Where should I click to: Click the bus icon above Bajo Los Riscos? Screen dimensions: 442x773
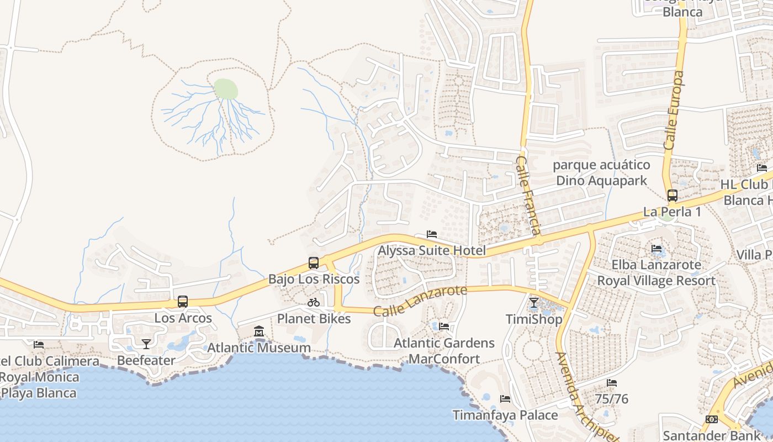pyautogui.click(x=314, y=262)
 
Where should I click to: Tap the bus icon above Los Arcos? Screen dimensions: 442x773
pyautogui.click(x=183, y=302)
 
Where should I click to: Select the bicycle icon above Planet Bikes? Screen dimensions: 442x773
pyautogui.click(x=314, y=302)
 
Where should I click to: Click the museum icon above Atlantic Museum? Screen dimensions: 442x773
pyautogui.click(x=259, y=331)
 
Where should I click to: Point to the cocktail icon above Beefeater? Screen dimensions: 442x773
pyautogui.click(x=146, y=344)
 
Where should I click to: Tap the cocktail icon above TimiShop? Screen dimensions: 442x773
pyautogui.click(x=534, y=303)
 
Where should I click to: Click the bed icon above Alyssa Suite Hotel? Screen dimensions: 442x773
pyautogui.click(x=432, y=234)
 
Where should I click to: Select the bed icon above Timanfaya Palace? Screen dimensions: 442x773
pyautogui.click(x=505, y=399)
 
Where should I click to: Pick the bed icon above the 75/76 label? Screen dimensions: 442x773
pyautogui.click(x=612, y=382)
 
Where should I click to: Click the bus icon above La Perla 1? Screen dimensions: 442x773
pyautogui.click(x=672, y=195)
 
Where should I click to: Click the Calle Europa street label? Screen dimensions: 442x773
pyautogui.click(x=674, y=110)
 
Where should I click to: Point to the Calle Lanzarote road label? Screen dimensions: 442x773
pyautogui.click(x=420, y=301)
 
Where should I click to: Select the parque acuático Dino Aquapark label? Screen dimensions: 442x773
pyautogui.click(x=601, y=172)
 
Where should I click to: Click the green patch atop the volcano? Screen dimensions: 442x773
pyautogui.click(x=226, y=88)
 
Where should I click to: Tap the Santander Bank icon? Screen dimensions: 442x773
pyautogui.click(x=712, y=419)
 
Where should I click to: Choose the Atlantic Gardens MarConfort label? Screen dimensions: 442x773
pyautogui.click(x=444, y=351)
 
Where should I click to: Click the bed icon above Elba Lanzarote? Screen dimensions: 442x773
pyautogui.click(x=656, y=249)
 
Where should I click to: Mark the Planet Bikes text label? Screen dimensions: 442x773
pyautogui.click(x=314, y=319)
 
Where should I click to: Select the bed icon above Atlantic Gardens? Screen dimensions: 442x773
pyautogui.click(x=444, y=327)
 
